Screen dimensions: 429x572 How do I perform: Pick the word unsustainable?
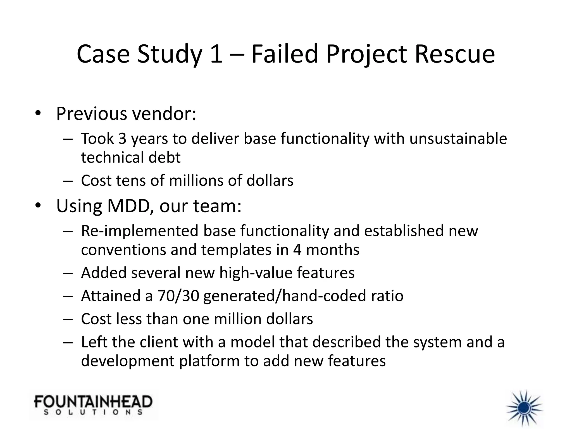click(458, 139)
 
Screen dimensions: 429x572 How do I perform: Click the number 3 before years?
click(122, 139)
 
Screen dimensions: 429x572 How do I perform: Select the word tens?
click(131, 180)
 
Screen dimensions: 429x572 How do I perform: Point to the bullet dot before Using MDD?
click(38, 206)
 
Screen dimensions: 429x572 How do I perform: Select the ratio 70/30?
click(178, 296)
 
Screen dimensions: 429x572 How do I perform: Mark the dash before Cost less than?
click(68, 319)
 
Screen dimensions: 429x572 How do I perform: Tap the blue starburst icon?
click(525, 408)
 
